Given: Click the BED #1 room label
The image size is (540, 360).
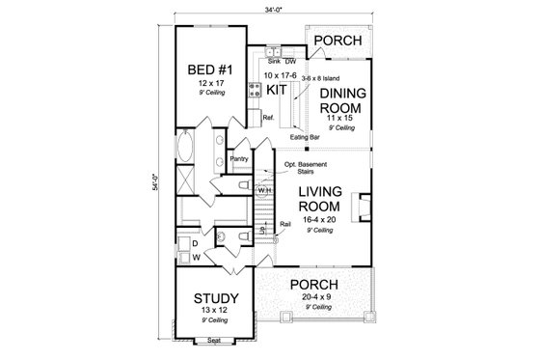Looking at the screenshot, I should [208, 70].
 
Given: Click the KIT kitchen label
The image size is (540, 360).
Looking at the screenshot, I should [278, 90].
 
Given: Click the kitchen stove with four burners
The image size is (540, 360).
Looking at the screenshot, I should [256, 92].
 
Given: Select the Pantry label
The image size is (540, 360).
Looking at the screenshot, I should [240, 158].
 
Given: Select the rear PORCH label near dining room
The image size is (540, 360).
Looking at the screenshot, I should [338, 42].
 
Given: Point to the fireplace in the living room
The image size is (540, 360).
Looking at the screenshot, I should [360, 207].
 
